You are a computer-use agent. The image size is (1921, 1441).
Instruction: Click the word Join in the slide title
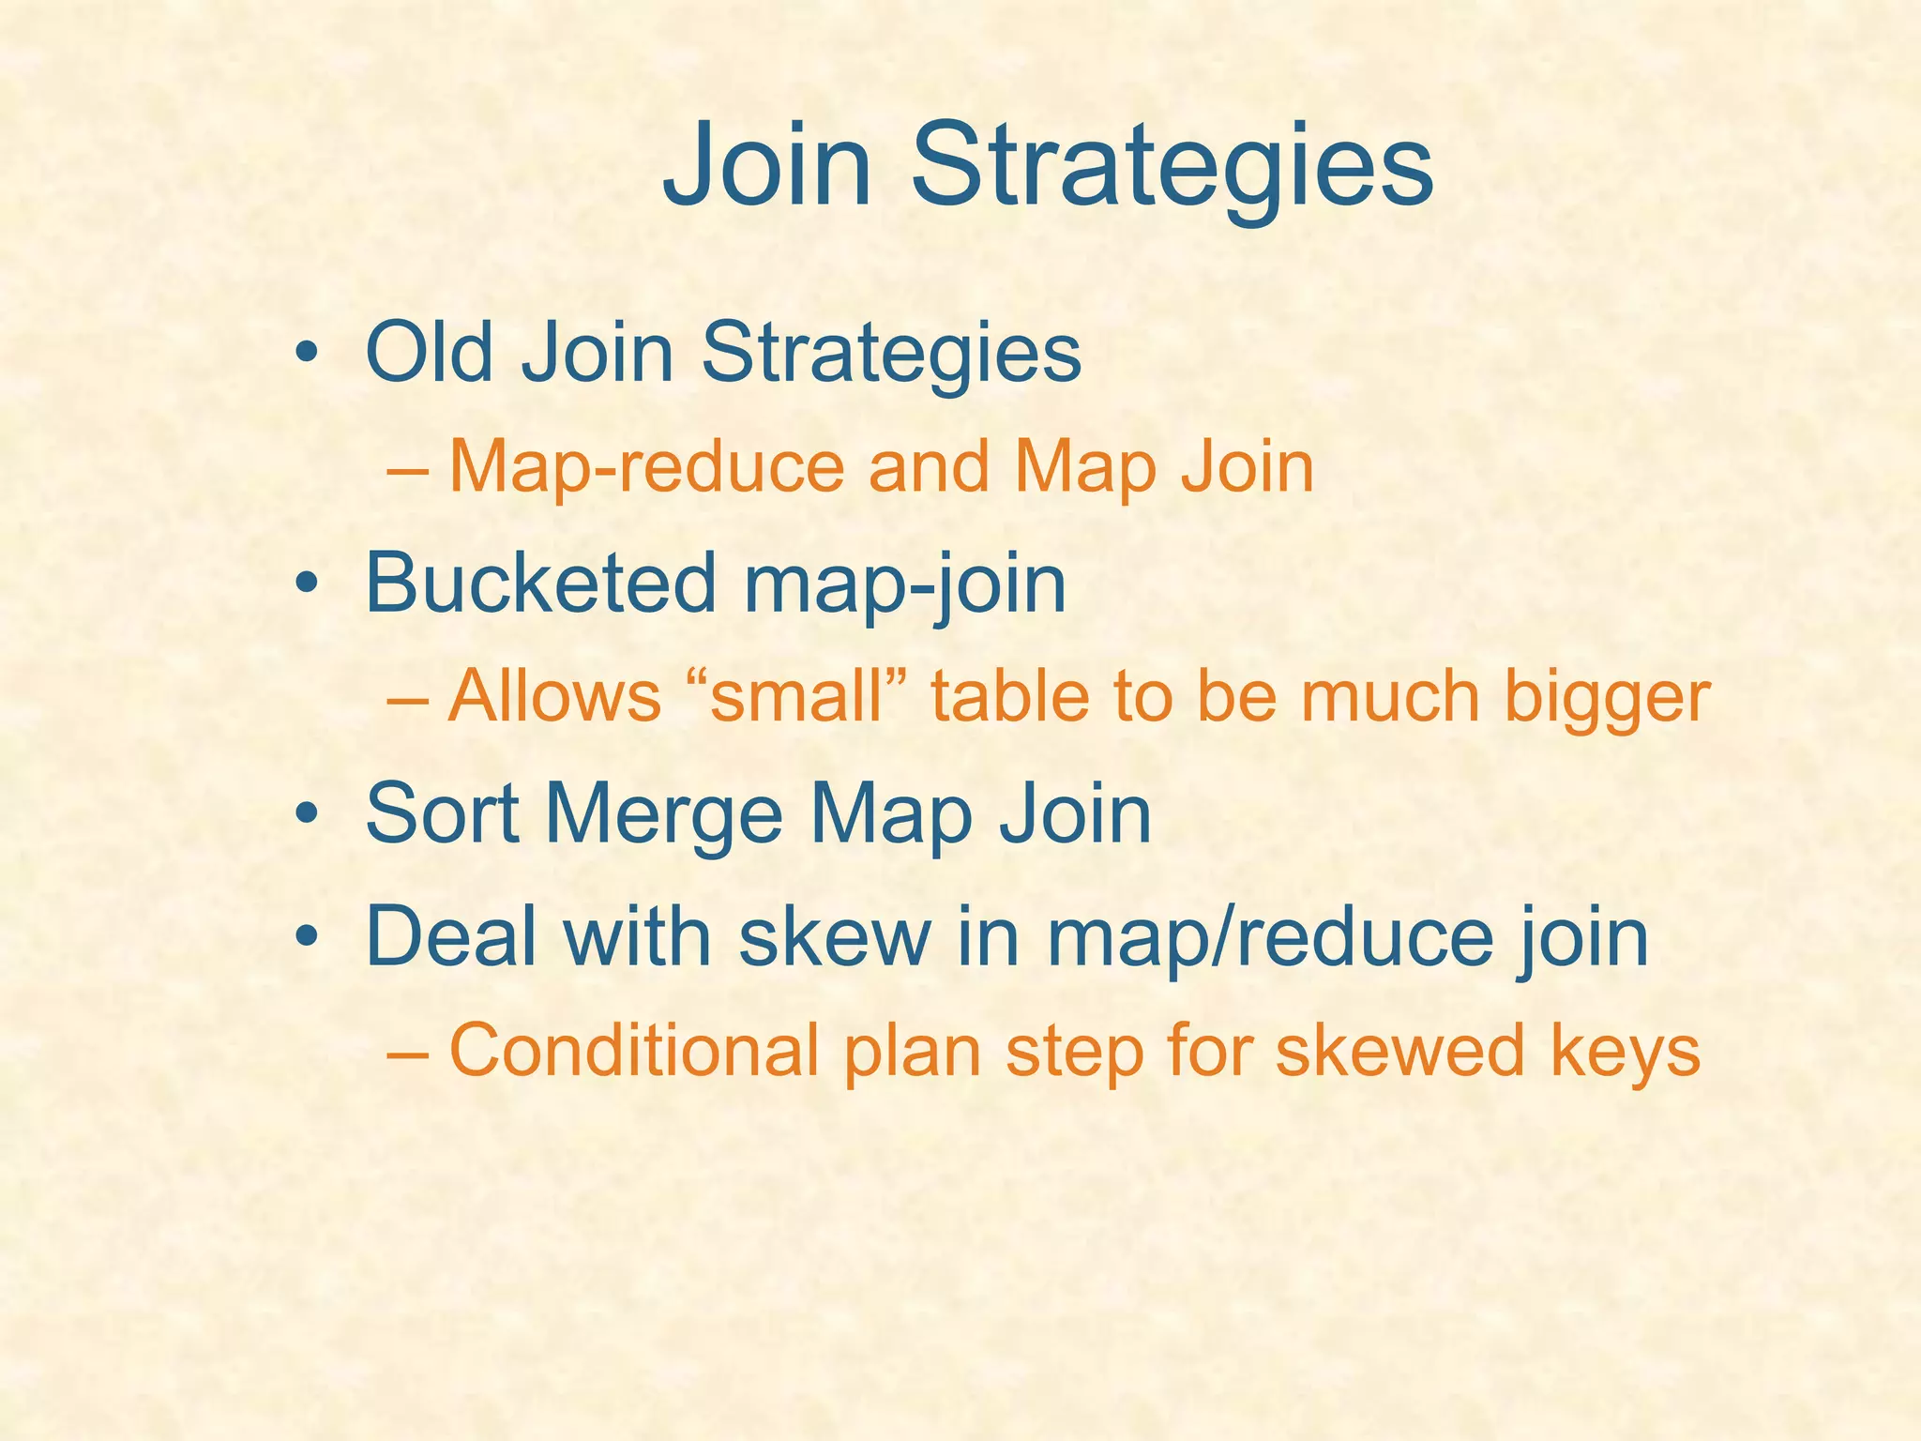click(x=767, y=167)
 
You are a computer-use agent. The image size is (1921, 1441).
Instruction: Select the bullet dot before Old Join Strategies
click(x=304, y=356)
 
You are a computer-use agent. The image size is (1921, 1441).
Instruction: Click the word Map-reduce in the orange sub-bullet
click(x=647, y=466)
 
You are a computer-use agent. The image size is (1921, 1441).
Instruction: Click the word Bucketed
click(x=539, y=583)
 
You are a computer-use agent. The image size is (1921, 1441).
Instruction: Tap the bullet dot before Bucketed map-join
click(x=304, y=586)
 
